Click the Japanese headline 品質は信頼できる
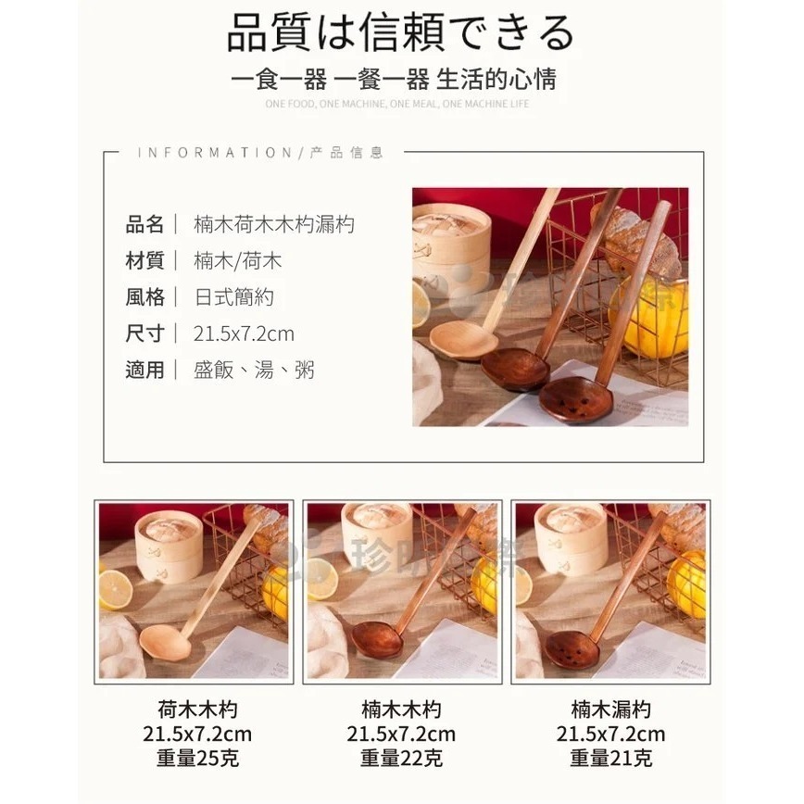click(x=401, y=33)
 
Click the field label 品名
click(x=144, y=224)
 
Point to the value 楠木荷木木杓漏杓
click(x=274, y=224)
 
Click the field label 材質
click(x=144, y=261)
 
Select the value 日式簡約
click(x=234, y=297)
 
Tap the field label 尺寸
click(x=144, y=333)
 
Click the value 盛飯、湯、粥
click(x=254, y=371)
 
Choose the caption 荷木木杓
click(x=197, y=710)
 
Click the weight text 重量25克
click(x=197, y=759)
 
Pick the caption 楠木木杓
click(x=401, y=710)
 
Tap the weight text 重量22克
click(x=401, y=759)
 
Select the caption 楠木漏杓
click(x=610, y=710)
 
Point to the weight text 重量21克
click(x=610, y=759)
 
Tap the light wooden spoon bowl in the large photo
click(x=462, y=339)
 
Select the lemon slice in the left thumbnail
click(x=115, y=589)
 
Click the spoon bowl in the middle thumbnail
click(x=378, y=639)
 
